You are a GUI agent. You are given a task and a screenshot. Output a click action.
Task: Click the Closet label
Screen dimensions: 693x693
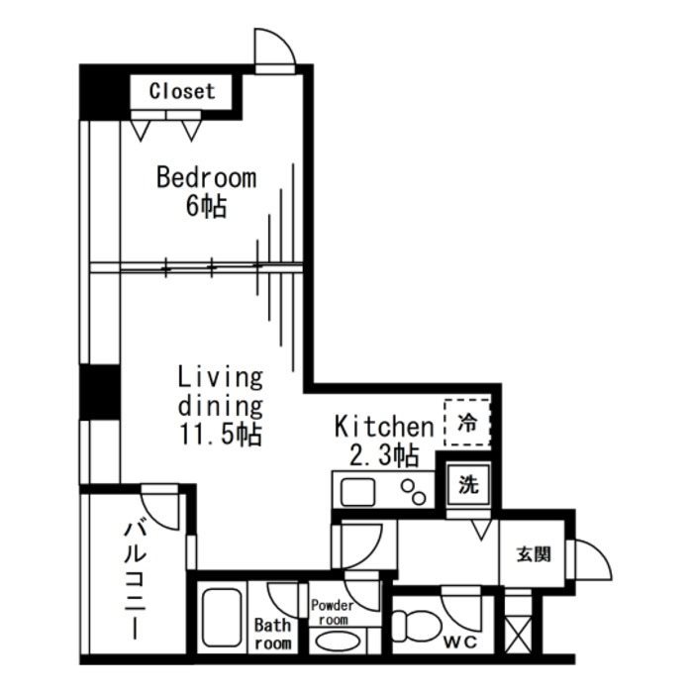pyautogui.click(x=181, y=91)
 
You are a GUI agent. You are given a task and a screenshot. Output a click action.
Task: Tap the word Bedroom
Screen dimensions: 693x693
pyautogui.click(x=207, y=178)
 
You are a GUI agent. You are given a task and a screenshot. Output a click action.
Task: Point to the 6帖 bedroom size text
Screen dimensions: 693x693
pyautogui.click(x=206, y=207)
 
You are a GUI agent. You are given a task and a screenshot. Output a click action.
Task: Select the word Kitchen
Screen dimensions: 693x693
pyautogui.click(x=383, y=427)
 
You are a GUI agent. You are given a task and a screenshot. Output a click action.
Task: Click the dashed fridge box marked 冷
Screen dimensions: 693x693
pyautogui.click(x=467, y=424)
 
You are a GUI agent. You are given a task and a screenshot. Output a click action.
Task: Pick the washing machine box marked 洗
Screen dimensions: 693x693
pyautogui.click(x=468, y=486)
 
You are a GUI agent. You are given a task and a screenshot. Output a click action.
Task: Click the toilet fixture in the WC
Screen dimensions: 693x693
pyautogui.click(x=413, y=627)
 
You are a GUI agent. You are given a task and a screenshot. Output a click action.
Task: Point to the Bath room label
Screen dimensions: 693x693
pyautogui.click(x=273, y=634)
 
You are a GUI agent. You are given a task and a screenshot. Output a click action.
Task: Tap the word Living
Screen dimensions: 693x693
pyautogui.click(x=220, y=377)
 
